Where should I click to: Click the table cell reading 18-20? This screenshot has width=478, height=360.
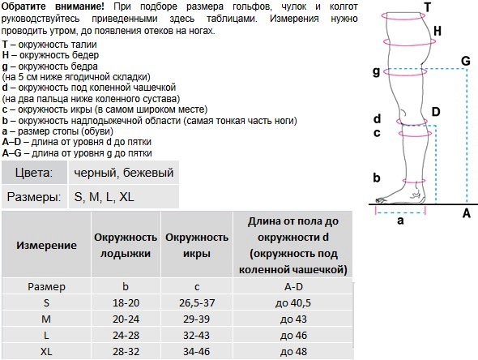point(125,302)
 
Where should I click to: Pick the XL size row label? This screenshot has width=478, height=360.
point(46,352)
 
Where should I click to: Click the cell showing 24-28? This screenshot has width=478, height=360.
point(125,335)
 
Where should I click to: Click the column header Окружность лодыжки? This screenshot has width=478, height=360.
point(125,245)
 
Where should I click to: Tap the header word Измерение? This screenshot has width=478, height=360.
point(46,245)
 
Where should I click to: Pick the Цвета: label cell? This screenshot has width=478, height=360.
point(34,173)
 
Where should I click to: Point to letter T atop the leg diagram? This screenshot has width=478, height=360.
point(427,7)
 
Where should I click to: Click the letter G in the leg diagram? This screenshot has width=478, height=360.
point(464,61)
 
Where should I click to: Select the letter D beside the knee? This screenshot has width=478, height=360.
point(436,112)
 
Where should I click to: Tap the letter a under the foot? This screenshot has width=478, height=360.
point(399,220)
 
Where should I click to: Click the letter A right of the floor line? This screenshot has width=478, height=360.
point(466,213)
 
